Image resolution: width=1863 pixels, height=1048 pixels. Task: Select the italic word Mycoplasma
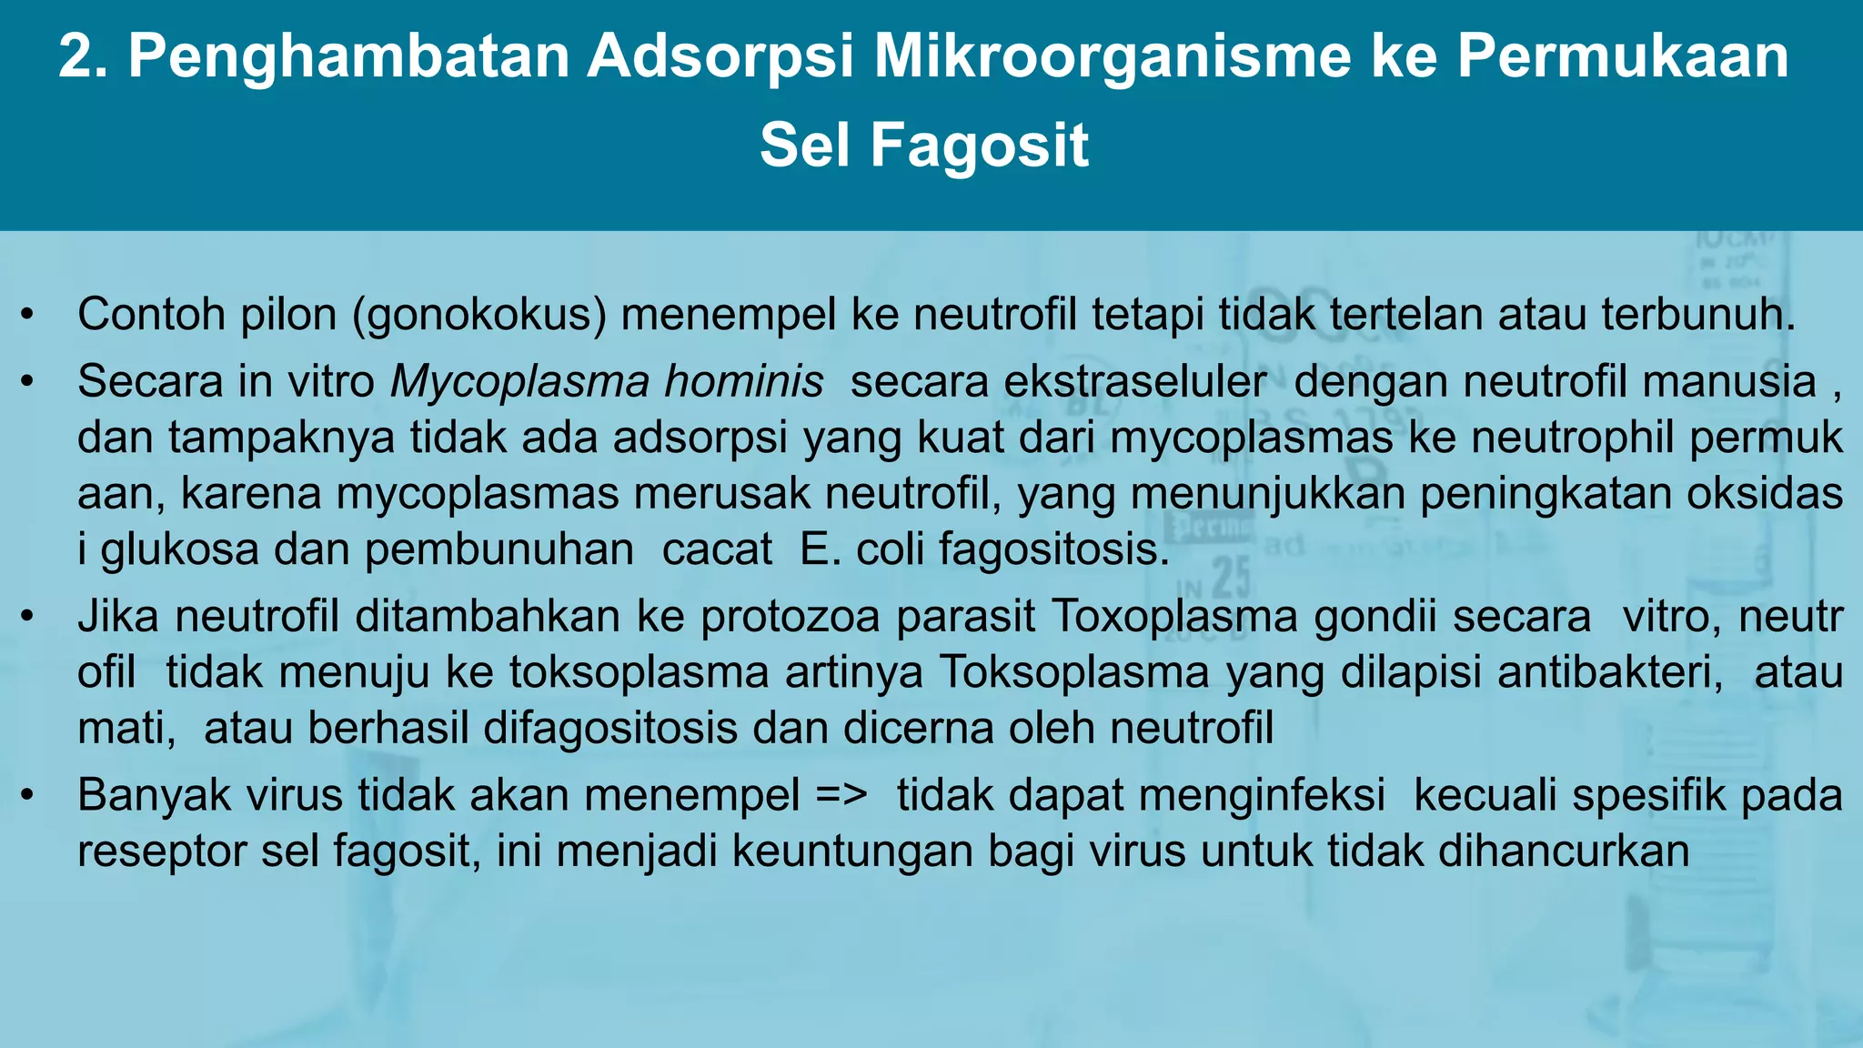pos(519,381)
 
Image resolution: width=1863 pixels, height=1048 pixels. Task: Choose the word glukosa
pos(179,549)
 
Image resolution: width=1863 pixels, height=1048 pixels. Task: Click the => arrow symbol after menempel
pos(841,795)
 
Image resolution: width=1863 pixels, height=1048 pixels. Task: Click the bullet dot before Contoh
pos(27,316)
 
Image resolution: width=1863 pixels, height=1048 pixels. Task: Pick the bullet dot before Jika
pos(27,618)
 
